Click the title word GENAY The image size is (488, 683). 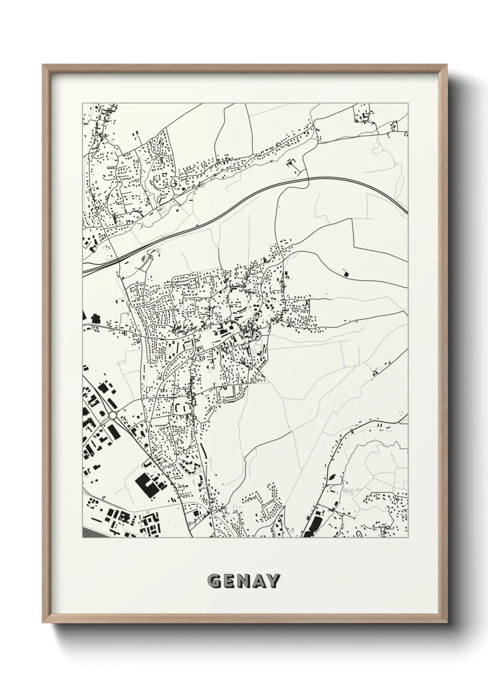pos(244,581)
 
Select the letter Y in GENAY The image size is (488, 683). pos(272,581)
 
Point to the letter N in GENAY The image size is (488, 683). pos(244,581)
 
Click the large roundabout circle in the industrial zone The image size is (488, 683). pos(112,415)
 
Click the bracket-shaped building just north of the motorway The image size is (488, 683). pos(290,162)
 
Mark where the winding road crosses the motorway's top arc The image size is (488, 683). pos(308,178)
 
